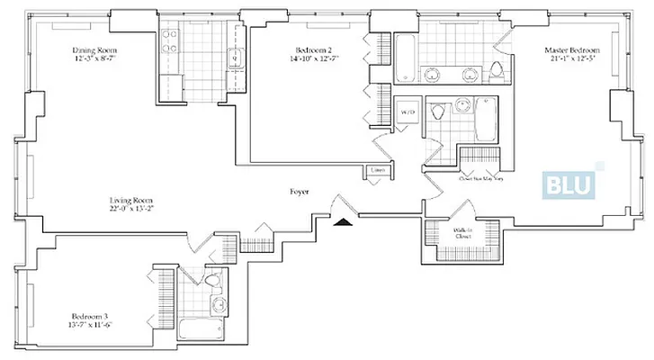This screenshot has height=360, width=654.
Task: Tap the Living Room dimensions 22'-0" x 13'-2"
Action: coord(131,210)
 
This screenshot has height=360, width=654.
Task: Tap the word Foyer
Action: coord(300,192)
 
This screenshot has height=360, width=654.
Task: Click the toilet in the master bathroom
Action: coord(498,71)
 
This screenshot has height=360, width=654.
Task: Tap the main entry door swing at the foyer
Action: coord(345,204)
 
